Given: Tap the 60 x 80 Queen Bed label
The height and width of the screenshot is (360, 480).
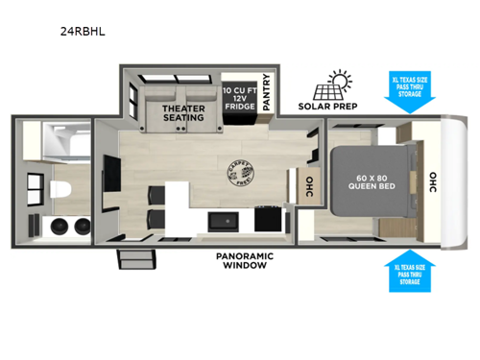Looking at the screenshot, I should [369, 183].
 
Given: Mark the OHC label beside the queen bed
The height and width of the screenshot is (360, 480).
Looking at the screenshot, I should [432, 182].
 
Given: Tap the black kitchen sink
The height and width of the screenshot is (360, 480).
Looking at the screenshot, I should [226, 222].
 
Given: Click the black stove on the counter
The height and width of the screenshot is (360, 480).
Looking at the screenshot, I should [270, 221].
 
